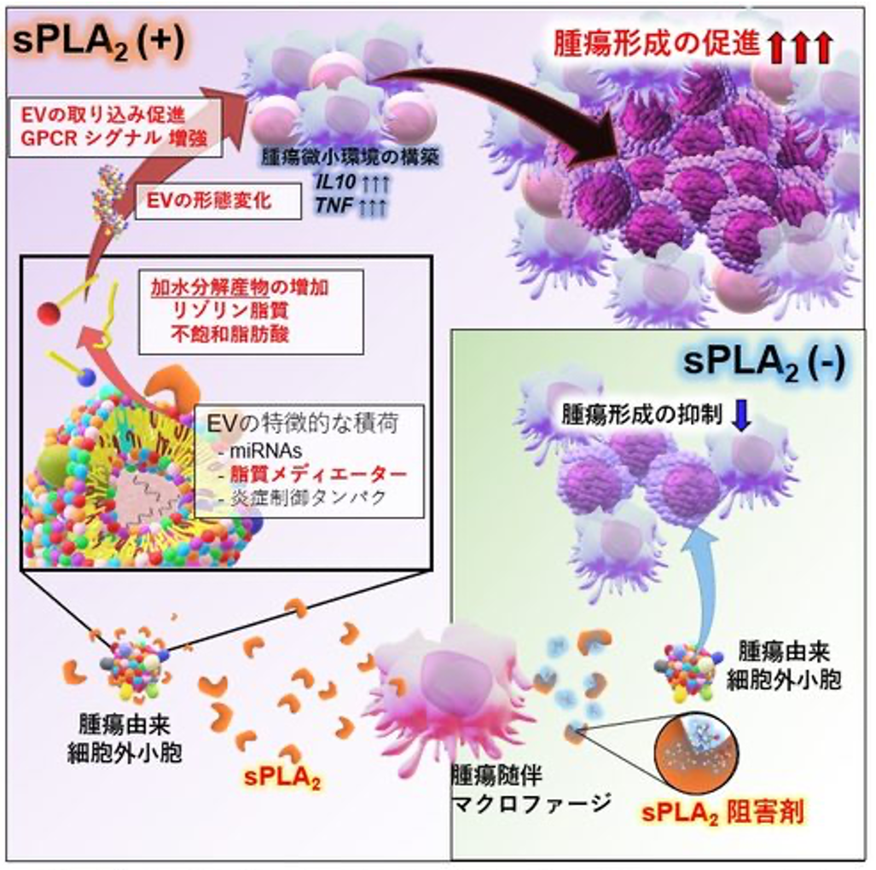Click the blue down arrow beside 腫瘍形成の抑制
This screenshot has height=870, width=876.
tap(740, 415)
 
